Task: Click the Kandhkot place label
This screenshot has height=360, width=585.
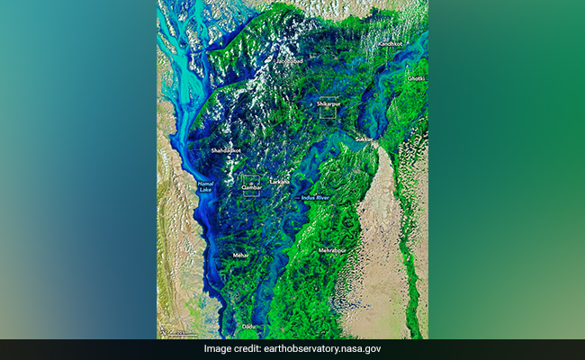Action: pyautogui.click(x=391, y=43)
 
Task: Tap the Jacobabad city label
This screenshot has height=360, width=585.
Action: pyautogui.click(x=289, y=61)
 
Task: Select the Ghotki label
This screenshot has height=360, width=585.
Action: pyautogui.click(x=415, y=78)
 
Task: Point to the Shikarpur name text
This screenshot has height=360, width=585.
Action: pyautogui.click(x=329, y=104)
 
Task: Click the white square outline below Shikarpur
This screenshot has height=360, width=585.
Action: pyautogui.click(x=328, y=107)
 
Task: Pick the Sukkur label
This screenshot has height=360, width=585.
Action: pyautogui.click(x=363, y=139)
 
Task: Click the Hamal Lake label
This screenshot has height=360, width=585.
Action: pyautogui.click(x=206, y=187)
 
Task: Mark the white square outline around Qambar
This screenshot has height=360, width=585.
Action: pyautogui.click(x=251, y=185)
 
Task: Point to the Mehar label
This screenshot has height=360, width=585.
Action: pyautogui.click(x=240, y=256)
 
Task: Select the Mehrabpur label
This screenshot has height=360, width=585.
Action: pyautogui.click(x=332, y=249)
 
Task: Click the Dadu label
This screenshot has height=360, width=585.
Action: pyautogui.click(x=247, y=326)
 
